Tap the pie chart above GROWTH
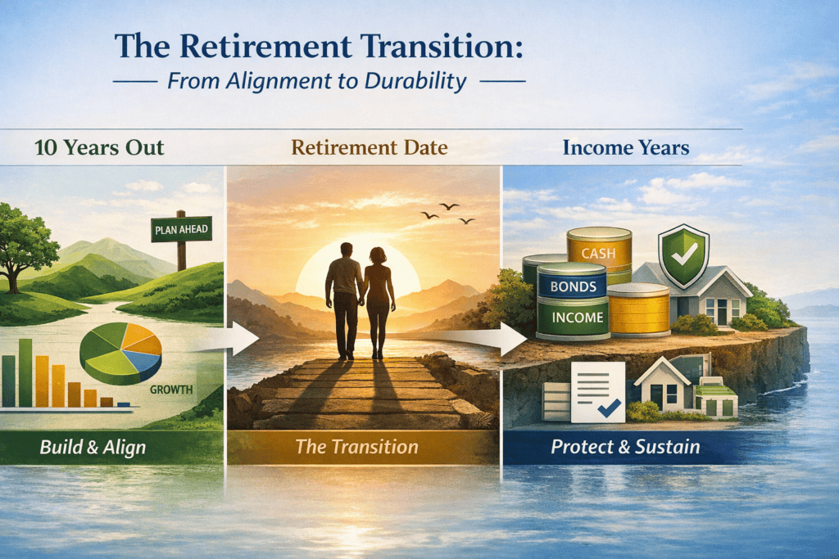click(120, 353)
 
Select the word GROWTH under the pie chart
click(170, 390)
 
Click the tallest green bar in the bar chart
click(25, 372)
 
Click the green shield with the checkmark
click(683, 256)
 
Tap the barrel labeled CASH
click(599, 255)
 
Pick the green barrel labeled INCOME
click(573, 318)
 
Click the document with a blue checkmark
click(597, 392)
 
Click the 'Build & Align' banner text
click(93, 448)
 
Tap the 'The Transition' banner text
click(357, 447)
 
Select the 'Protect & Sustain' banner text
click(625, 447)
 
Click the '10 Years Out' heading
click(99, 147)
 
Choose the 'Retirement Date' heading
click(370, 147)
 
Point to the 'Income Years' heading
click(625, 147)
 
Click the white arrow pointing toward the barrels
click(482, 338)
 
